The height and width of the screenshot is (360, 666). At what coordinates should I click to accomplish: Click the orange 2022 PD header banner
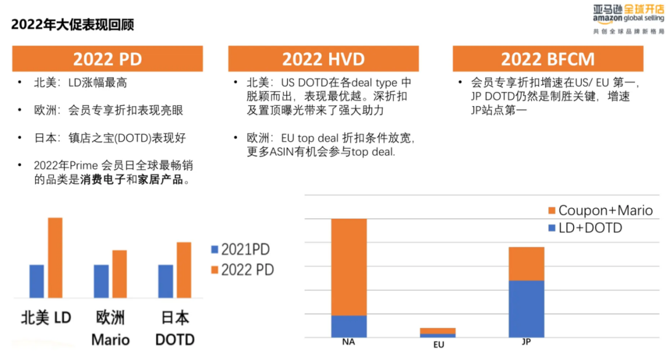[108, 59]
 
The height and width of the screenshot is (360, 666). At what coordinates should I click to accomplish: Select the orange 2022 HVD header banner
[323, 59]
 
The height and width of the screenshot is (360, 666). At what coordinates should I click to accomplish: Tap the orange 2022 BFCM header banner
[548, 59]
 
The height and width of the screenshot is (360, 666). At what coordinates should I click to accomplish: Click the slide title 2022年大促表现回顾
[73, 25]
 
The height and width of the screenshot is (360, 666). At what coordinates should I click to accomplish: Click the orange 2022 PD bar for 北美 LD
[55, 258]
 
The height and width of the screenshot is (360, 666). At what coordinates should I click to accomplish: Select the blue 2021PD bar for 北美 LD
[37, 281]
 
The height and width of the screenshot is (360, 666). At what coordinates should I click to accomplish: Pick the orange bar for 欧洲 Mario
[120, 274]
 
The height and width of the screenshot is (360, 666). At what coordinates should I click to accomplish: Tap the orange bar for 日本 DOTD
[184, 270]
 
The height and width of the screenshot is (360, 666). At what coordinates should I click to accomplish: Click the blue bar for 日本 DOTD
[165, 281]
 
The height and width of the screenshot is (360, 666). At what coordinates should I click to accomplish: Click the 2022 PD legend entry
[242, 269]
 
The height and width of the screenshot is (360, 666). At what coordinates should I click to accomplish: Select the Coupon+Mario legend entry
[599, 210]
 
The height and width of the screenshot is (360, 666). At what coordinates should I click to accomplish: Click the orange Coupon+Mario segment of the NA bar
[349, 267]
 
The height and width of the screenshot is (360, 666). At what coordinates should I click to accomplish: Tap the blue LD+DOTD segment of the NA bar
[349, 326]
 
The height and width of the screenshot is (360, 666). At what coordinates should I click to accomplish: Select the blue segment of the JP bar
[526, 308]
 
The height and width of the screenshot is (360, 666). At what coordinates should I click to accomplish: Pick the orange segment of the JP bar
[526, 263]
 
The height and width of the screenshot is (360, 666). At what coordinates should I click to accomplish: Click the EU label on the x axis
[438, 345]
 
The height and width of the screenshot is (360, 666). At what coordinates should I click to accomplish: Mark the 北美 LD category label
[46, 318]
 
